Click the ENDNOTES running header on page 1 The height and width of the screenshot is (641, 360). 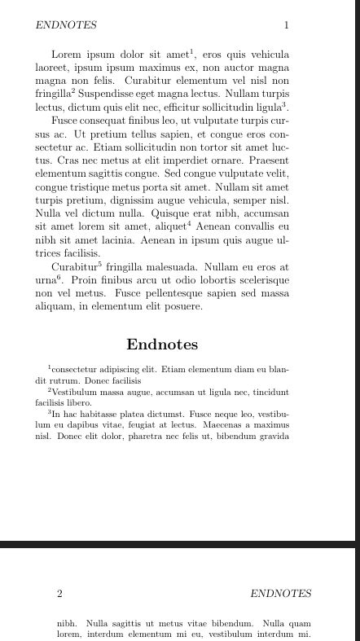click(66, 25)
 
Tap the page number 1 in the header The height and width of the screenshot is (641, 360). click(286, 25)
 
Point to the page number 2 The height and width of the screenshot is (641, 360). click(59, 594)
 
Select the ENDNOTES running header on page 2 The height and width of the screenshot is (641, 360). click(280, 594)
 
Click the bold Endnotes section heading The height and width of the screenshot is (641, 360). click(162, 345)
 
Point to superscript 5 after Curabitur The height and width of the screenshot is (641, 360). click(99, 263)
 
